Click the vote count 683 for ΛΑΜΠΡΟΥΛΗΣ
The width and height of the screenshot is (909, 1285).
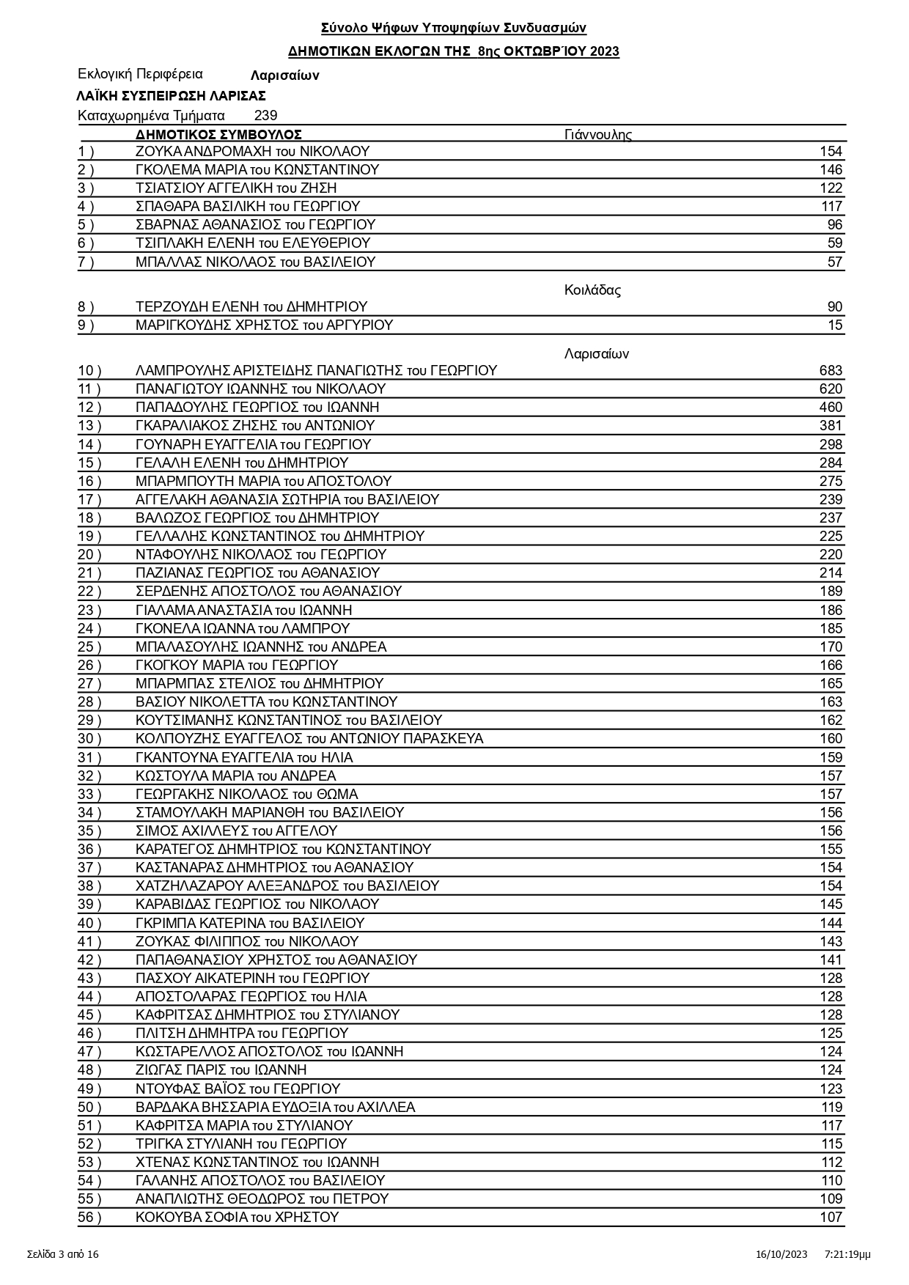coord(831,371)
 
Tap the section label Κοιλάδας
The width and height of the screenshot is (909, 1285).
coord(592,290)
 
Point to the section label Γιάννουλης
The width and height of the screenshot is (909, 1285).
coord(597,135)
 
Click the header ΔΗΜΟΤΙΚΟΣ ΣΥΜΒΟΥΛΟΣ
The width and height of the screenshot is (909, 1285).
coord(218,135)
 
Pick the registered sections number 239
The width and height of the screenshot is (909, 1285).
coord(265,116)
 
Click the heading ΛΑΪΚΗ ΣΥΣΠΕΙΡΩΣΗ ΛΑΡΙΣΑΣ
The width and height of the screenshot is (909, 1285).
coord(171,96)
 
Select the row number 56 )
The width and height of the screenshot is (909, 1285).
coord(89,1218)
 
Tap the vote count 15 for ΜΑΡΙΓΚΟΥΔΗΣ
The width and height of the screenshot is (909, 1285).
coord(835,325)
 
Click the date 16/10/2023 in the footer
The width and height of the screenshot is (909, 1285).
coord(781,1254)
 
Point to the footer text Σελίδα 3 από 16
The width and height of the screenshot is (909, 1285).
coord(63,1254)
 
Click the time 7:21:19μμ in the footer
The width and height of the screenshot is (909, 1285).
coord(847,1254)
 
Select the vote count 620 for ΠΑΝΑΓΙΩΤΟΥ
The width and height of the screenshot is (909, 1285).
coord(831,389)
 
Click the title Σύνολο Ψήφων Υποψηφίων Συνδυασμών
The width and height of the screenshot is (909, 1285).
coord(454,29)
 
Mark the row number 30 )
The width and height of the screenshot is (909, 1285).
coord(89,739)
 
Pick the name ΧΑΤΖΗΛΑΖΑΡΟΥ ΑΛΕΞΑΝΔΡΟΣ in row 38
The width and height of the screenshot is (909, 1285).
coord(287,886)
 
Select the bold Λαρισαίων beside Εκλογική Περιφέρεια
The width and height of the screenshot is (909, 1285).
coord(284,76)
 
